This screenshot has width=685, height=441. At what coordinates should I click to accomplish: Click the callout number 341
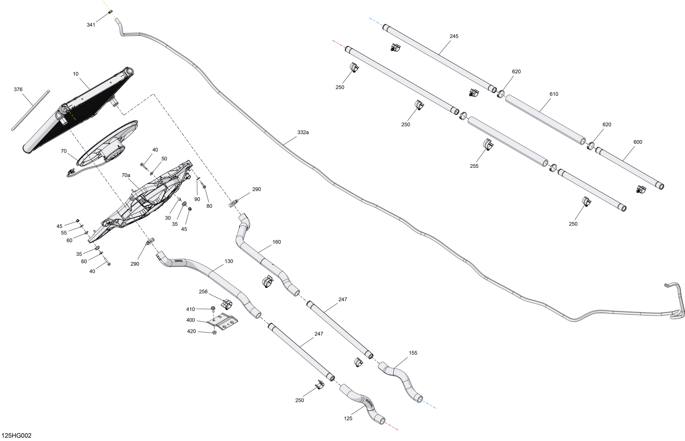[91, 25]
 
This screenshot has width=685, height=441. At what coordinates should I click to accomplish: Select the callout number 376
[18, 89]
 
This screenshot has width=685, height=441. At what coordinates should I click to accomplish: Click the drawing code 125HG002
[16, 436]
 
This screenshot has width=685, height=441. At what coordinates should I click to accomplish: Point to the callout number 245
[454, 36]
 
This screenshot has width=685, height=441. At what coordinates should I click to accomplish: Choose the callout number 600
[638, 142]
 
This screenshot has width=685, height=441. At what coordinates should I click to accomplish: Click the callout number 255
[474, 166]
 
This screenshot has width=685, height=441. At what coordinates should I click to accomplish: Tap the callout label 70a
[126, 175]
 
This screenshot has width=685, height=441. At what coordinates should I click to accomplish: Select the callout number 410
[190, 309]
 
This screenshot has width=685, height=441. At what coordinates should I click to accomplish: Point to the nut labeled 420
[214, 333]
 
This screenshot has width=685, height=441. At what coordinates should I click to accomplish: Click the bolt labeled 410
[213, 309]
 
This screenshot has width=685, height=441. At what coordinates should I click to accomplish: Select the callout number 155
[413, 353]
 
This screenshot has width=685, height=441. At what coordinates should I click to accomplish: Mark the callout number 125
[348, 418]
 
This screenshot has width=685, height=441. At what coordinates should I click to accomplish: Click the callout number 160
[277, 242]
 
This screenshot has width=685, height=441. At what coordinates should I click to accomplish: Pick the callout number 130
[229, 261]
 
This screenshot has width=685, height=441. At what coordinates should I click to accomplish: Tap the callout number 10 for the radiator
[76, 74]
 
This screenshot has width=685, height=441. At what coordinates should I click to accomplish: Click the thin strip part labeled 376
[31, 111]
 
